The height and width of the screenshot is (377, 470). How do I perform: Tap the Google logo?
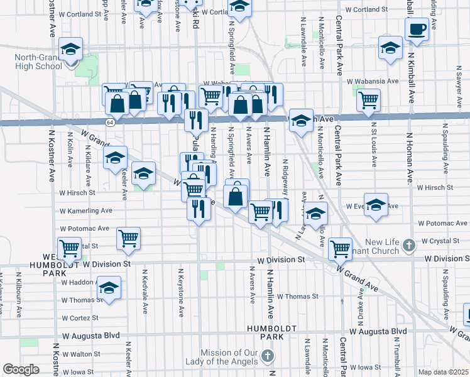click(21, 369)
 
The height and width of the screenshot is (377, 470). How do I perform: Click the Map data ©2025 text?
click(443, 372)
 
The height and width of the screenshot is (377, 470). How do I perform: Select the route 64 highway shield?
click(110, 121)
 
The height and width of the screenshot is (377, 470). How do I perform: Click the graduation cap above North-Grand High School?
click(71, 49)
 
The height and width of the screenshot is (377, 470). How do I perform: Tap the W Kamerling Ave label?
click(85, 211)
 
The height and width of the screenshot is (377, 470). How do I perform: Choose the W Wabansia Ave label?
click(372, 81)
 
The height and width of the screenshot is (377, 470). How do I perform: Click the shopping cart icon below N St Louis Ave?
click(369, 99)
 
